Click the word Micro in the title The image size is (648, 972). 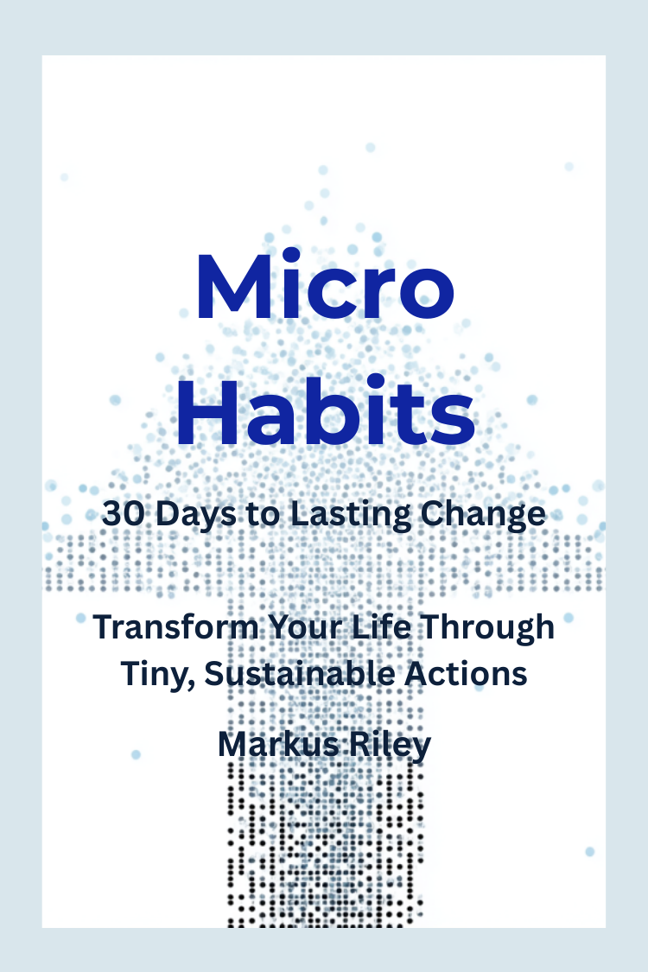pyautogui.click(x=326, y=286)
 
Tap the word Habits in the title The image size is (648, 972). pyautogui.click(x=326, y=410)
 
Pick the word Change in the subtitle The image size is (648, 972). pyautogui.click(x=483, y=515)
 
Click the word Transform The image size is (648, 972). pyautogui.click(x=175, y=626)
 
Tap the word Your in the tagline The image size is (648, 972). pyautogui.click(x=305, y=626)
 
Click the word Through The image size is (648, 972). pyautogui.click(x=486, y=628)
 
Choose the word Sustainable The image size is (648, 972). pyautogui.click(x=300, y=674)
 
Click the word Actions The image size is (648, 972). pyautogui.click(x=466, y=674)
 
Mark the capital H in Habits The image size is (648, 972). pyautogui.click(x=207, y=411)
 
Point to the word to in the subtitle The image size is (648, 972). pyautogui.click(x=263, y=515)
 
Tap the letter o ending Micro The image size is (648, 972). pyautogui.click(x=427, y=295)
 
